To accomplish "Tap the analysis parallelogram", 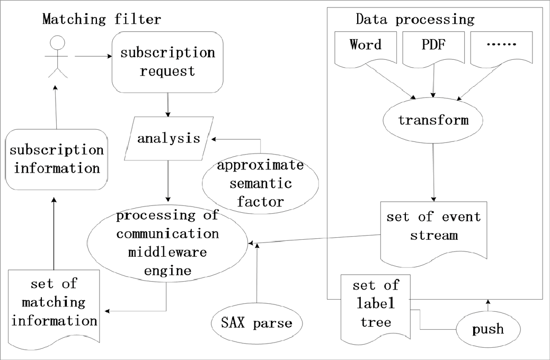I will pyautogui.click(x=168, y=139).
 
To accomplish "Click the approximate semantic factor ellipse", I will pyautogui.click(x=260, y=183).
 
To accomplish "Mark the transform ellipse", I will pyautogui.click(x=433, y=120).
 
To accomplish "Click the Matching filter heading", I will pyautogui.click(x=101, y=20).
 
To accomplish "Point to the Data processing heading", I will pyautogui.click(x=415, y=20).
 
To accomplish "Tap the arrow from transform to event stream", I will pyautogui.click(x=434, y=169).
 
